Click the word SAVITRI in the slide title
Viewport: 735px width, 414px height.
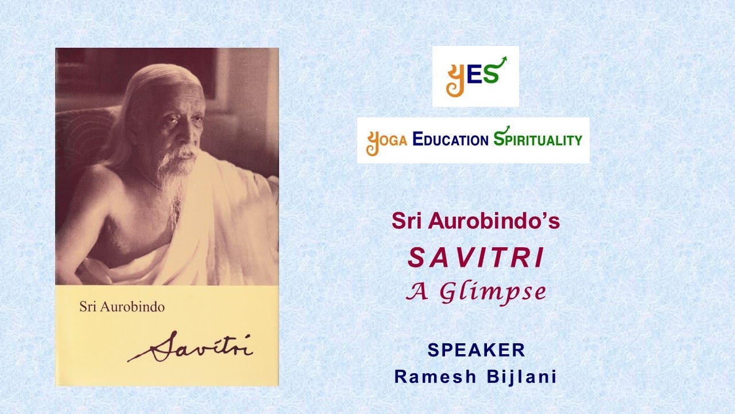coord(475,259)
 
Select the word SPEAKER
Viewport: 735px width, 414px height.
coord(476,350)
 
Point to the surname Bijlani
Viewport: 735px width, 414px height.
coord(522,377)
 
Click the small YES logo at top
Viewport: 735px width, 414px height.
coord(475,76)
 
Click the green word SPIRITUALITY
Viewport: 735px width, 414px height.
coord(537,140)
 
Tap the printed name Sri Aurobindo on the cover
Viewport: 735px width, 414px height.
coord(122,306)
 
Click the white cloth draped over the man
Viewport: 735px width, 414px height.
coord(224,218)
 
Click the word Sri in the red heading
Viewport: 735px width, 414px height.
coord(404,221)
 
